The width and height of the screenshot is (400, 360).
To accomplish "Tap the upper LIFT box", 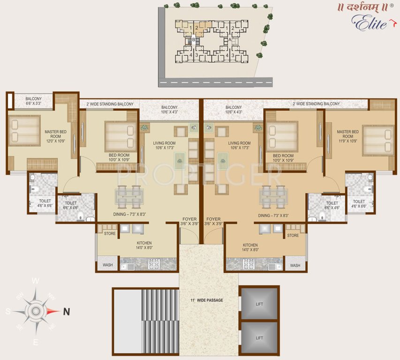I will [259, 304].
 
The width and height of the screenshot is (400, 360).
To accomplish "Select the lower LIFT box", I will [259, 337].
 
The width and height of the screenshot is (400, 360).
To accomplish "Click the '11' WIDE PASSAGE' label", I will [207, 300].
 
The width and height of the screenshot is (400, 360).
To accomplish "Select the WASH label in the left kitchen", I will [107, 265].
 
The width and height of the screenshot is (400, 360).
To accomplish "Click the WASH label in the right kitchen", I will [295, 265].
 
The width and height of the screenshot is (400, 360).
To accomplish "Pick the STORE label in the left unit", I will [110, 233].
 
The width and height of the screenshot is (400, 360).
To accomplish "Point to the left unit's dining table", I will [129, 196].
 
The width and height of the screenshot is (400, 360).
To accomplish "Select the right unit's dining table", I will [274, 196].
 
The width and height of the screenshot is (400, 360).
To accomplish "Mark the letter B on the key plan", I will [193, 41].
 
